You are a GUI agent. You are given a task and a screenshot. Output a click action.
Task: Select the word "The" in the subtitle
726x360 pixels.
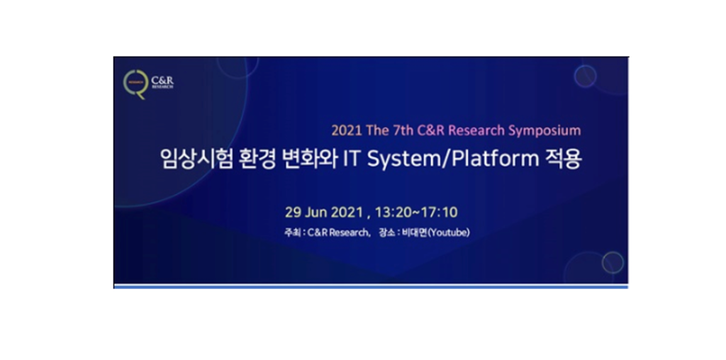[x=378, y=130]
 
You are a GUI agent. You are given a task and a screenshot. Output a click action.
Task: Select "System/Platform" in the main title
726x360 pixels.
[x=453, y=160]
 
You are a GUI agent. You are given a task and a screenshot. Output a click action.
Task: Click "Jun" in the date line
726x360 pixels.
[x=316, y=213]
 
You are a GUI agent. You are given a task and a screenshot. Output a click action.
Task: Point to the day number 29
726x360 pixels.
[x=294, y=213]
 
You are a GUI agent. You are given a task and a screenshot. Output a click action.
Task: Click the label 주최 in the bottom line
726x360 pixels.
[x=291, y=232]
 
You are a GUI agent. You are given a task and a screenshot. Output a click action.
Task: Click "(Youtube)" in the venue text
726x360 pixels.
[x=449, y=232]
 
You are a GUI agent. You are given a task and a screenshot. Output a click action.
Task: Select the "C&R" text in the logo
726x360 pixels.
[x=162, y=81]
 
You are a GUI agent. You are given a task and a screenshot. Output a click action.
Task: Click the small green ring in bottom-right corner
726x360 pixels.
[x=603, y=262]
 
